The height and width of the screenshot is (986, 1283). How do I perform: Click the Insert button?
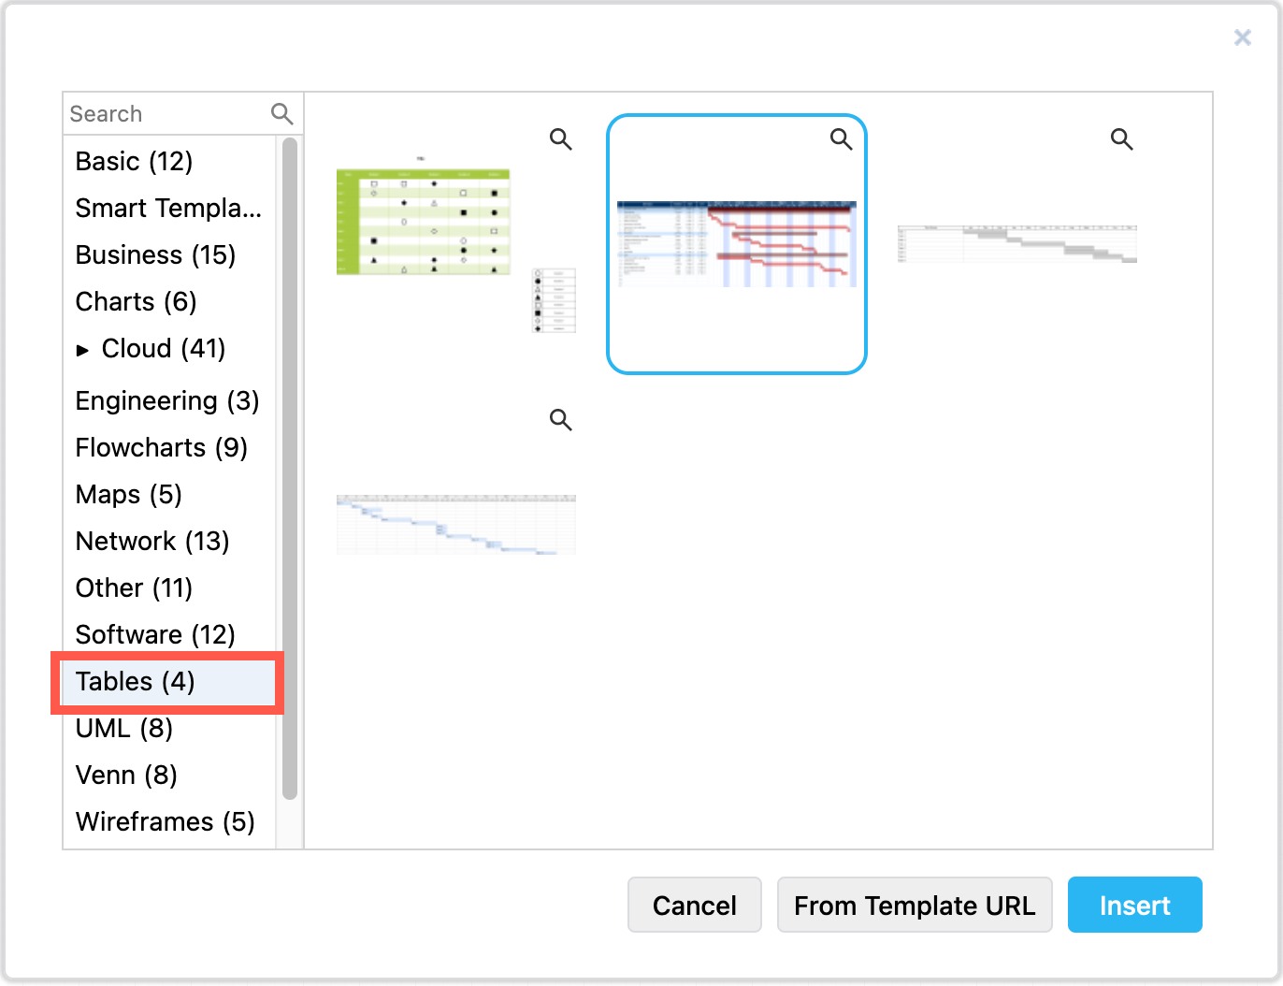click(1134, 905)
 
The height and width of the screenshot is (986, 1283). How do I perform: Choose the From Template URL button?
click(914, 905)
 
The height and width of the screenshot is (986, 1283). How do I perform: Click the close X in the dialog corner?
click(1242, 37)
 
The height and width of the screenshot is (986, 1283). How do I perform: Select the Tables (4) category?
click(136, 682)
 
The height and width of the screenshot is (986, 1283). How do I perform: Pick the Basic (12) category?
click(134, 162)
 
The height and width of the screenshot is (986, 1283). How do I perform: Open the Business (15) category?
click(155, 255)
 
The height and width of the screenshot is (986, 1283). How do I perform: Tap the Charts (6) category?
click(136, 302)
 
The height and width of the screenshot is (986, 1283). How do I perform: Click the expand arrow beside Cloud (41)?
click(83, 350)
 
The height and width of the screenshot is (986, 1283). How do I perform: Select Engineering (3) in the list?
click(167, 401)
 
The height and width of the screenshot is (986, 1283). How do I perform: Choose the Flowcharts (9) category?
click(161, 448)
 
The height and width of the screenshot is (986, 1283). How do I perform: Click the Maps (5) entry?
click(129, 495)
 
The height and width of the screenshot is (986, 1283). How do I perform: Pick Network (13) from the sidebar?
click(152, 542)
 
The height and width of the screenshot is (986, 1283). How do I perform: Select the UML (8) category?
click(124, 729)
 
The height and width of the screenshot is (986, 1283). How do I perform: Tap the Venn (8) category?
click(126, 776)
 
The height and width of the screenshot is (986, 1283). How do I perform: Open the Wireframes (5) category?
click(165, 822)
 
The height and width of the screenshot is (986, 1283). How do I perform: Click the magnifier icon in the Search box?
click(281, 114)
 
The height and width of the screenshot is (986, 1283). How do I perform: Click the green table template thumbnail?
click(423, 223)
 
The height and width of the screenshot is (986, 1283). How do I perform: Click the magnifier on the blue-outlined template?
click(841, 139)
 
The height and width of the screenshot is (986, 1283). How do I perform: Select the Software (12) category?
click(155, 635)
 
